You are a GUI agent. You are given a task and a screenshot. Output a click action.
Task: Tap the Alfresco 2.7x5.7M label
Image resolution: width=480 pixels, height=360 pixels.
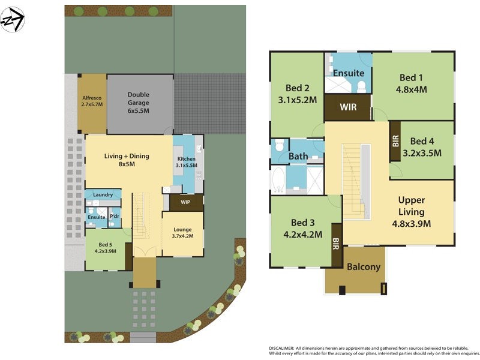tap(92, 100)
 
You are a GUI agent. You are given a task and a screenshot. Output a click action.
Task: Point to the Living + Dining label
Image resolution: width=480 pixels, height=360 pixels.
tap(127, 160)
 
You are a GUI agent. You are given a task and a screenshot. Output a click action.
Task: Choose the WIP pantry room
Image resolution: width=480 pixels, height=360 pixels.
tap(185, 202)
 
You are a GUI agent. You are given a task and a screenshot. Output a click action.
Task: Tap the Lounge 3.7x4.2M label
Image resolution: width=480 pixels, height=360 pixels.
tap(182, 233)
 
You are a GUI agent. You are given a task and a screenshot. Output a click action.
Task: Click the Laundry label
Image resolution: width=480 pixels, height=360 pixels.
tap(103, 194)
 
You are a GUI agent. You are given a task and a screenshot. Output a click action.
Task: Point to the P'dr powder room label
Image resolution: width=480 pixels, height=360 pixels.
tap(114, 216)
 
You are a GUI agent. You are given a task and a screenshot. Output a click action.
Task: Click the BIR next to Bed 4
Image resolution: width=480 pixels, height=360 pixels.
tap(395, 141)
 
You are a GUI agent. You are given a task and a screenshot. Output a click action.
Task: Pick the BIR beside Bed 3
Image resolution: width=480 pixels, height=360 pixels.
tap(336, 244)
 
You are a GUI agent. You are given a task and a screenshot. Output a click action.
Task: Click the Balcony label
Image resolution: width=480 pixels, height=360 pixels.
tap(364, 266)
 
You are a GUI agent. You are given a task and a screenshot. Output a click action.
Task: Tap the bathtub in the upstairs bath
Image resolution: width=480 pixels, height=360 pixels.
tap(278, 179)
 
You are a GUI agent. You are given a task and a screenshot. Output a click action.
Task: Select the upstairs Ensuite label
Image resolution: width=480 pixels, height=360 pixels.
tap(349, 73)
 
